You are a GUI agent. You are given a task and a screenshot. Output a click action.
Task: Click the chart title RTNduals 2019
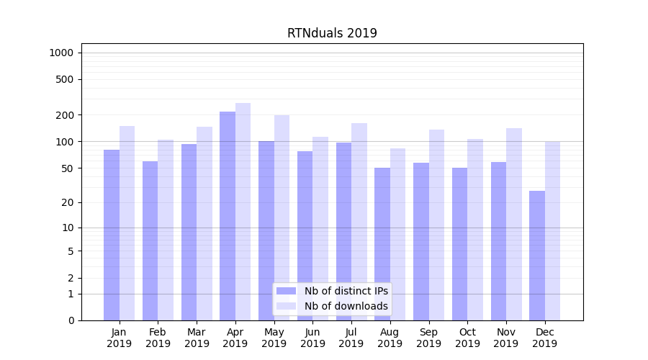pos(332,33)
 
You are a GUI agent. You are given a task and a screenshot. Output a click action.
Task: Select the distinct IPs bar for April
pos(228,216)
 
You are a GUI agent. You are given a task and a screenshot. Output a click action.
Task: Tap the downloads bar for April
pos(243,212)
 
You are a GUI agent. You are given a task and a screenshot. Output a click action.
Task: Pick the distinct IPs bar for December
pos(537,256)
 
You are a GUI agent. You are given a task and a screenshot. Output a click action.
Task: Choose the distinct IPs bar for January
pos(112,235)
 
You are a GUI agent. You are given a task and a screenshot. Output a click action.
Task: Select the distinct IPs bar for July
pos(343,231)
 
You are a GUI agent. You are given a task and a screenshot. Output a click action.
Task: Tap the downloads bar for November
pos(514,224)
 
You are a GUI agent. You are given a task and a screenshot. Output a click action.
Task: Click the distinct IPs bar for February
pos(150,240)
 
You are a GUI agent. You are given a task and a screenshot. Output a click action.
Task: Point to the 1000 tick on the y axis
pos(61,53)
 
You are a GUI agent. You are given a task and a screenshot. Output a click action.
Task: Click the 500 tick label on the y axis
pos(66,79)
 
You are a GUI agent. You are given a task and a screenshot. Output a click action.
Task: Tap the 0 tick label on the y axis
pos(71,320)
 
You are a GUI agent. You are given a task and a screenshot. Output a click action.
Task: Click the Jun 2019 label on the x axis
pos(312,338)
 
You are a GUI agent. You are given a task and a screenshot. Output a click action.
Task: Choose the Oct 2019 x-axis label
pos(467,338)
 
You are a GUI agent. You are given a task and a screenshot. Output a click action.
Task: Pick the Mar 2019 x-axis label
pos(197,338)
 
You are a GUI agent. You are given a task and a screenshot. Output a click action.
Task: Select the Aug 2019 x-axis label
pos(390,338)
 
